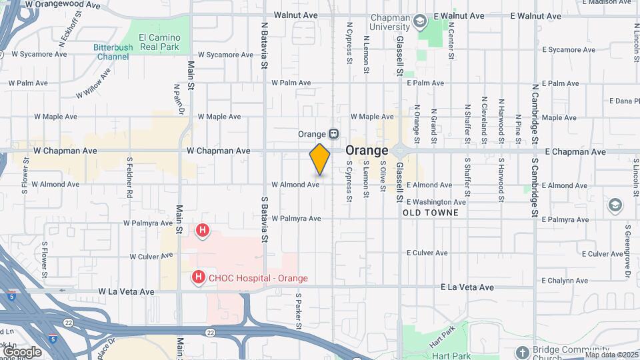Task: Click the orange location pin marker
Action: pos(320,160)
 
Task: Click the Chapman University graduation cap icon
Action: pos(419,22)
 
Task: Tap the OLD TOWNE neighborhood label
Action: pos(431,213)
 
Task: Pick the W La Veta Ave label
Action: pos(127,291)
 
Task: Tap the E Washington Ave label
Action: pos(435,202)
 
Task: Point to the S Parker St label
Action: pos(299,311)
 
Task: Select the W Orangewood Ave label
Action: pos(63,5)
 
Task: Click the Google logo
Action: pos(22,351)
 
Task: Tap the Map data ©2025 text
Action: pos(611,355)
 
